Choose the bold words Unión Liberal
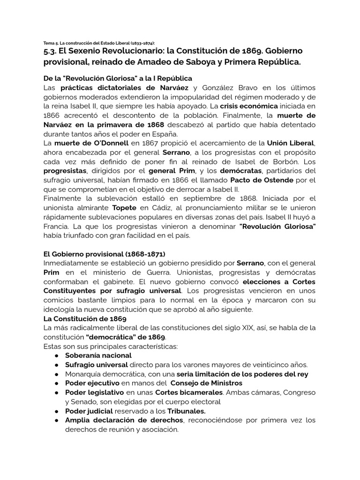pos(290,142)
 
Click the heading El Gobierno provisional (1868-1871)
pos(104,254)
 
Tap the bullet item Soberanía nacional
pos(98,355)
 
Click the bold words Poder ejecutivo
pos(92,383)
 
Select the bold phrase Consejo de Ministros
pos(203,383)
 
